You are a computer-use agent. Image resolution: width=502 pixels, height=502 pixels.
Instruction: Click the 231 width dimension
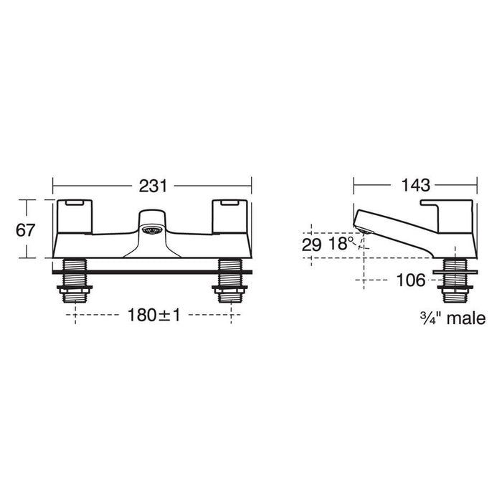click(x=153, y=186)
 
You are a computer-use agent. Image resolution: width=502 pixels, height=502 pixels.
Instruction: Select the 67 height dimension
click(x=25, y=230)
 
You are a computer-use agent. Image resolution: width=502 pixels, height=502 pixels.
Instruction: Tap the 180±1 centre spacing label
click(x=154, y=315)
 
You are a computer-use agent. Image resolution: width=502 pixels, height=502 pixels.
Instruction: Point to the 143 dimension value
click(x=415, y=185)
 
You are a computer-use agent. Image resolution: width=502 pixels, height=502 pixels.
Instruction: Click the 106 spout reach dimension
click(x=411, y=280)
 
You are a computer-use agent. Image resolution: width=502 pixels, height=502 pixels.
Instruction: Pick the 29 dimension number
click(x=311, y=245)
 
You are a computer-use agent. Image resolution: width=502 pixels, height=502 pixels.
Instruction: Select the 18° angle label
click(x=341, y=244)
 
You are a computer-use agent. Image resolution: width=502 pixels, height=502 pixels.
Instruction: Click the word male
click(x=466, y=318)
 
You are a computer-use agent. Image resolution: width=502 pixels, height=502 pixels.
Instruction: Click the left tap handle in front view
click(x=75, y=217)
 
